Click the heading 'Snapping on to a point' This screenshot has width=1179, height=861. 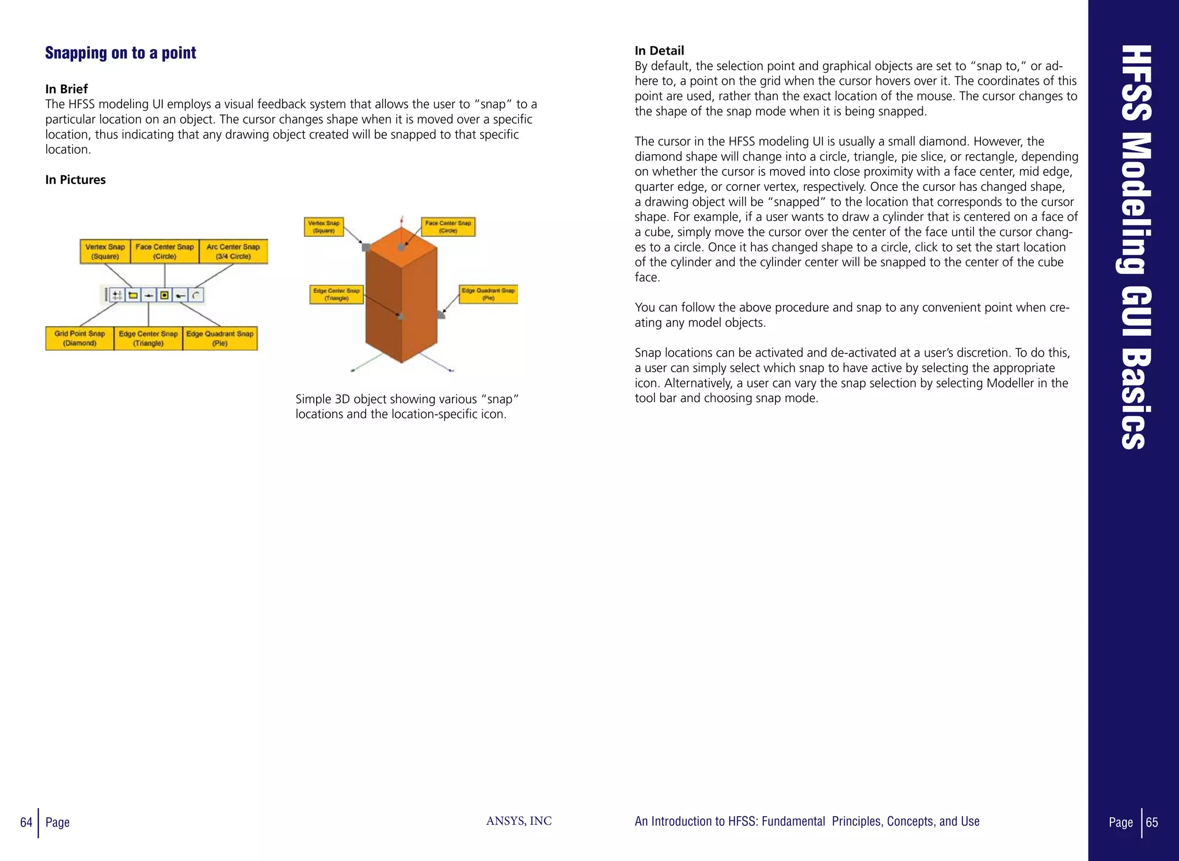120,53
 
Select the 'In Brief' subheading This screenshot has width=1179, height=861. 66,89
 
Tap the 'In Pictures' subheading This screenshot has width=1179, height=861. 75,180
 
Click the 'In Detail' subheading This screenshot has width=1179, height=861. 659,51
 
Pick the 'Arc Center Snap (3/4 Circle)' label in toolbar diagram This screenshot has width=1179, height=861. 233,251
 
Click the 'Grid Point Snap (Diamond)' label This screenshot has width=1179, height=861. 79,338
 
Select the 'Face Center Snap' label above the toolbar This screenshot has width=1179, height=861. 165,251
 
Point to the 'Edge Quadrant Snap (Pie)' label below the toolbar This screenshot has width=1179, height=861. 220,338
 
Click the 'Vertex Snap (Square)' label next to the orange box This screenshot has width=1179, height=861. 324,227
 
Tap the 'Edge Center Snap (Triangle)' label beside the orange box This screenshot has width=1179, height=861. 336,294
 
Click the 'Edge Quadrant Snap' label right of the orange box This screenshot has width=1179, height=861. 488,294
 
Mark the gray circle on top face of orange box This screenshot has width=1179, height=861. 401,247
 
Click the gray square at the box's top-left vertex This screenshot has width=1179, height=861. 366,247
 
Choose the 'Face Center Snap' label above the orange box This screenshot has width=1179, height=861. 448,227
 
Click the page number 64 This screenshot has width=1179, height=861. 26,822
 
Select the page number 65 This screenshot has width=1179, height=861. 1152,822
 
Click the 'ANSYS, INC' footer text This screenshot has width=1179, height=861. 519,821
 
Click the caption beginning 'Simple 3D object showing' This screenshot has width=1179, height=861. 407,407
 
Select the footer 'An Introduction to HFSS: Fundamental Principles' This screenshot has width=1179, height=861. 807,821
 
